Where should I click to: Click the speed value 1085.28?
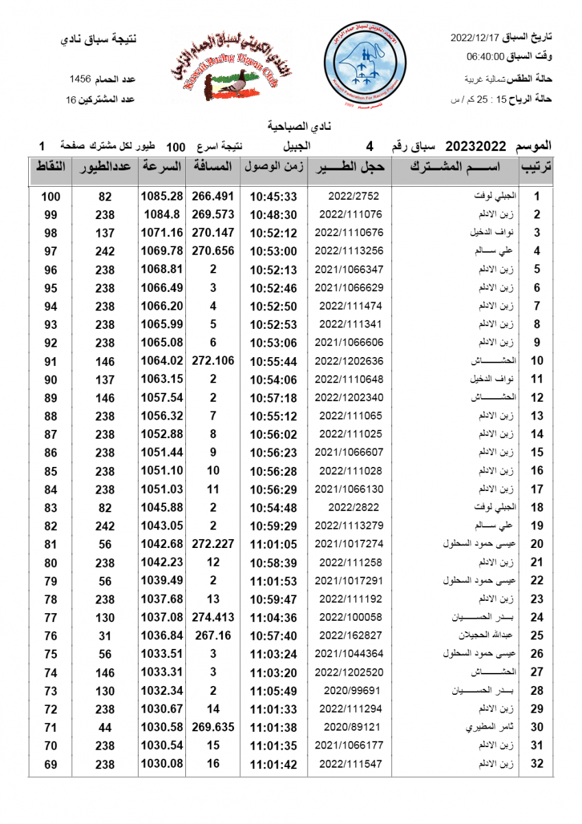tap(162, 196)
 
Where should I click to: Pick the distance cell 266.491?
tap(213, 196)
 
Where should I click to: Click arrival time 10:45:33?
tap(273, 196)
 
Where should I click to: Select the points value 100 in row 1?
tap(50, 196)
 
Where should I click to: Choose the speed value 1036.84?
tap(162, 635)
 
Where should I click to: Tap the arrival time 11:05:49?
tap(273, 690)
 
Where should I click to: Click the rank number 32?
tap(537, 764)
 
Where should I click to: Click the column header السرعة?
tap(162, 167)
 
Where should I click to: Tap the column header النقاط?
tap(50, 167)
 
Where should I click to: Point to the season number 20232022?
tap(476, 146)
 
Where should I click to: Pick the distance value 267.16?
tap(213, 635)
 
